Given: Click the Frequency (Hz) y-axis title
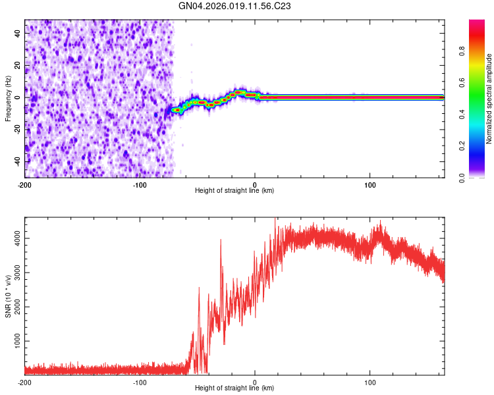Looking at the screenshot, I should click(7, 98).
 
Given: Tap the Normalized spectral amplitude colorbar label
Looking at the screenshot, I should click(489, 98).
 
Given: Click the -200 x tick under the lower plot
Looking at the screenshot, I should click(24, 382).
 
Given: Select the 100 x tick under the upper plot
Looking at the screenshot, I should click(370, 184).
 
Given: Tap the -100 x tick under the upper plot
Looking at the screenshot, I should click(140, 184).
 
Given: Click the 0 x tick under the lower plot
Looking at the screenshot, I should click(255, 382).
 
